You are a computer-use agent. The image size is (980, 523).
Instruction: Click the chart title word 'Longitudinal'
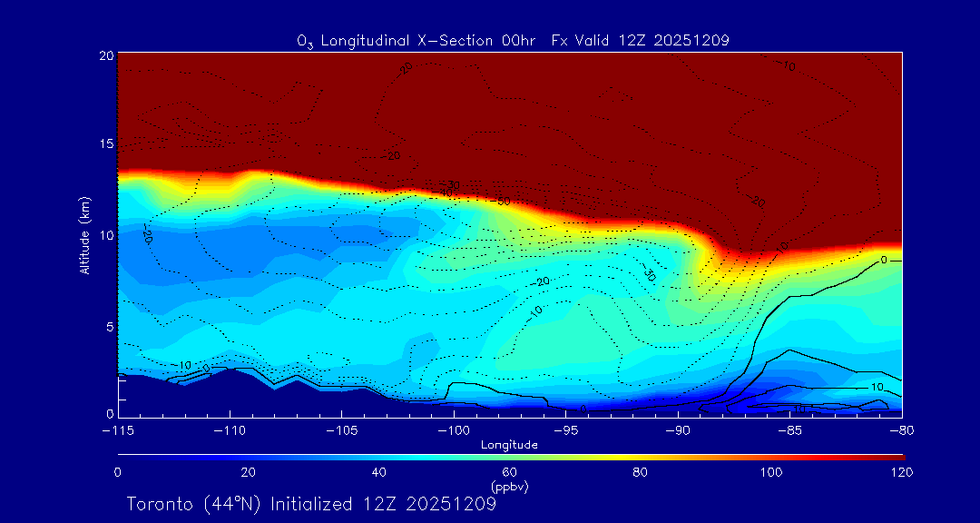pos(375,40)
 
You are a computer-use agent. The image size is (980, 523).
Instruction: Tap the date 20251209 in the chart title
pos(693,40)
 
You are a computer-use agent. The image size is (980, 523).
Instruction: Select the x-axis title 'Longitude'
pos(509,445)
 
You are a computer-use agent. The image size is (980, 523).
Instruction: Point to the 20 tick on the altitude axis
pos(105,55)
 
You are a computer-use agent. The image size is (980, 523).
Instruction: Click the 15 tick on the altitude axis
pos(105,144)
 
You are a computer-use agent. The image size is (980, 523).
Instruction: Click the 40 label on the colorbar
pos(379,472)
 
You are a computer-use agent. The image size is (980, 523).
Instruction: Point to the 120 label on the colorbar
pos(901,472)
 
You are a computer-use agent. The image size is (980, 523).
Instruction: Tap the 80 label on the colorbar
pos(641,472)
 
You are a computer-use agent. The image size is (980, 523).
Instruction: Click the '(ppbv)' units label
pos(509,487)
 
